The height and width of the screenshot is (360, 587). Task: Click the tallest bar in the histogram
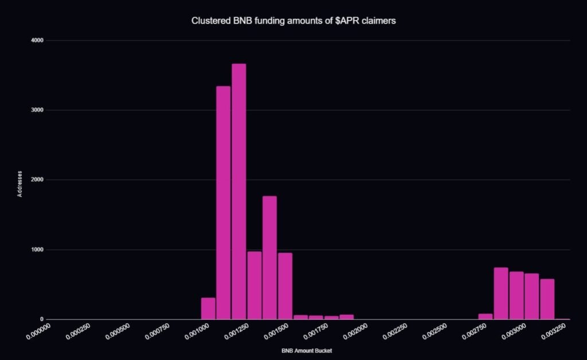238,191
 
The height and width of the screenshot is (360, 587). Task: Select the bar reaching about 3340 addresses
223,202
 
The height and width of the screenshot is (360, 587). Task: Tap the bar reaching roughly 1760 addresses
269,257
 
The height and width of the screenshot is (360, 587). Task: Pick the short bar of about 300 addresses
208,308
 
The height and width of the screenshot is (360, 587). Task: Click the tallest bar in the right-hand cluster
501,293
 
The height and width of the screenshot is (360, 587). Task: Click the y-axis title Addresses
19,183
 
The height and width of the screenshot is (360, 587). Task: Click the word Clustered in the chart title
208,21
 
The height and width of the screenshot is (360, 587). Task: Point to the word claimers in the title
378,21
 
